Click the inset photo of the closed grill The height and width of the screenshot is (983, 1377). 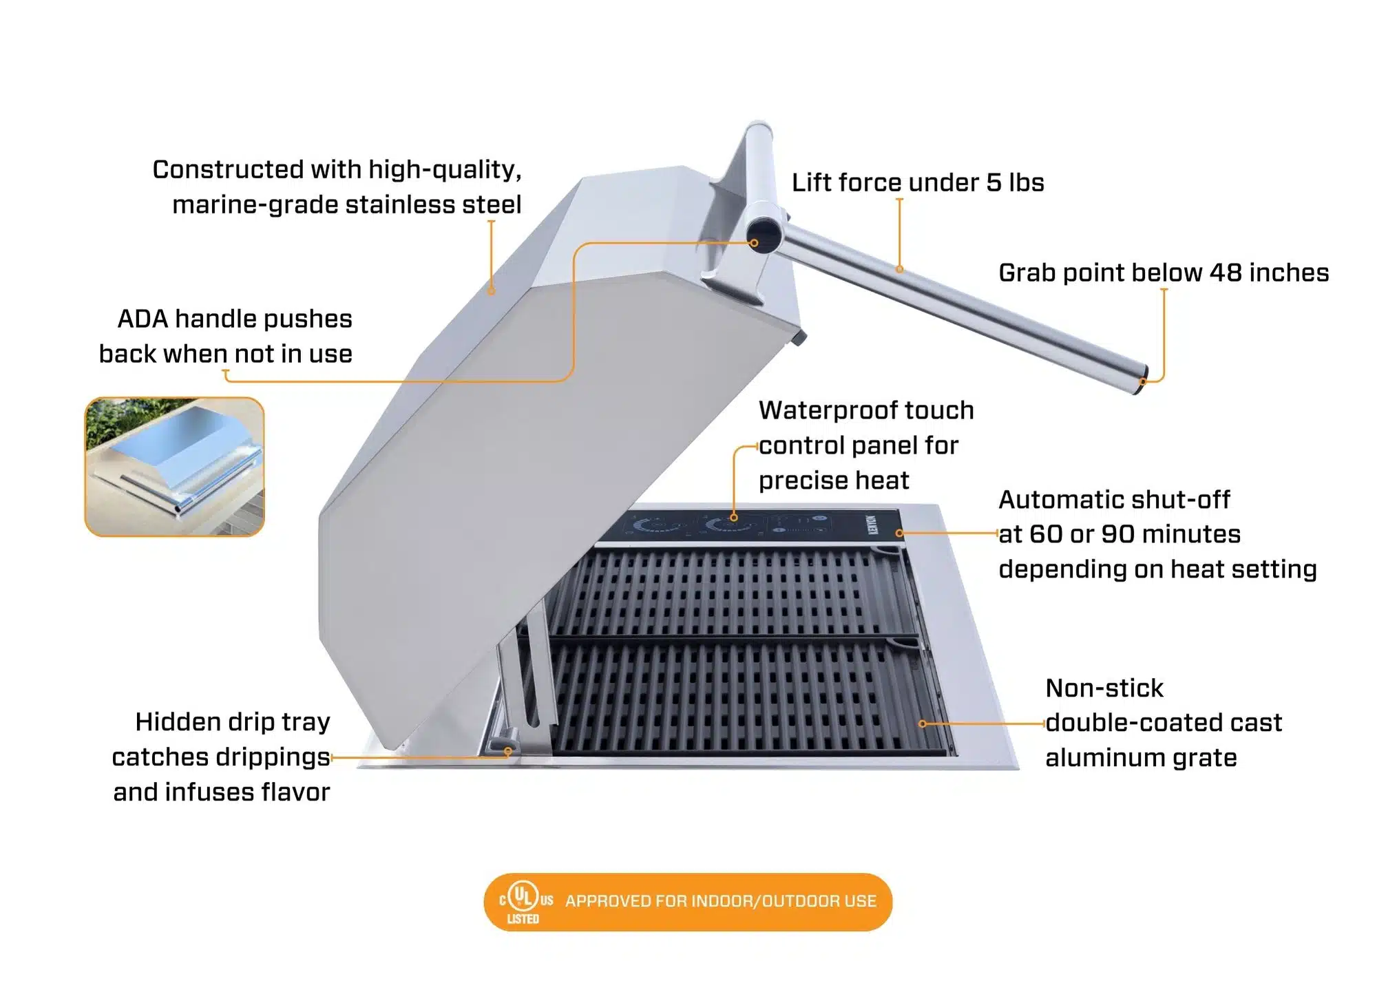tap(174, 467)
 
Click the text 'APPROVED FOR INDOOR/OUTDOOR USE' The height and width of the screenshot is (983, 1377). tap(720, 901)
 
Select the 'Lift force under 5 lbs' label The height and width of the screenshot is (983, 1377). tap(917, 182)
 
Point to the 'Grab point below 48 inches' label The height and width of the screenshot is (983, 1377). tap(1163, 273)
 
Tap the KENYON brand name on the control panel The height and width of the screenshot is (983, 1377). tap(873, 525)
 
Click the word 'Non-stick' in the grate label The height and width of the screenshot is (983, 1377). tap(1104, 688)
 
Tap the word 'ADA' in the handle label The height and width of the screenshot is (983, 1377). tap(143, 319)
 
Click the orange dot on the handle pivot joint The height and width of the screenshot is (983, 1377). tap(755, 243)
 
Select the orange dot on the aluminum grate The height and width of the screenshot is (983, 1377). tap(923, 723)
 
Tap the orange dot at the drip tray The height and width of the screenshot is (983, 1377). tap(508, 752)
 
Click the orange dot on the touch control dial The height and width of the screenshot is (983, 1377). tap(734, 518)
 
